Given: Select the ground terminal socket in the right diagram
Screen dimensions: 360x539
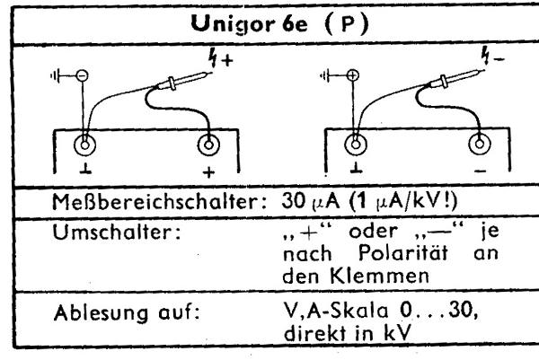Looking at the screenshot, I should pyautogui.click(x=359, y=145).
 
